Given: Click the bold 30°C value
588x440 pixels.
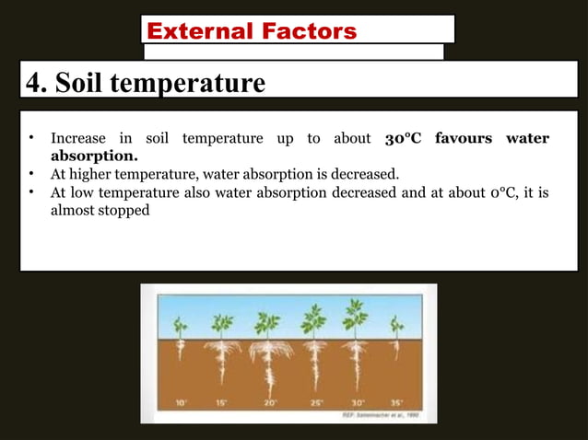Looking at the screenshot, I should (405, 139).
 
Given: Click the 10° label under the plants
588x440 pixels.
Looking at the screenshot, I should (181, 403).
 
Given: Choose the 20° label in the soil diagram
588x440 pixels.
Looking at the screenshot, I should (268, 403).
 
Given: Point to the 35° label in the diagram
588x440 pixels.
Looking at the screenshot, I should (397, 403).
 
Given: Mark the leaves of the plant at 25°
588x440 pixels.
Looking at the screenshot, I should (313, 320).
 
